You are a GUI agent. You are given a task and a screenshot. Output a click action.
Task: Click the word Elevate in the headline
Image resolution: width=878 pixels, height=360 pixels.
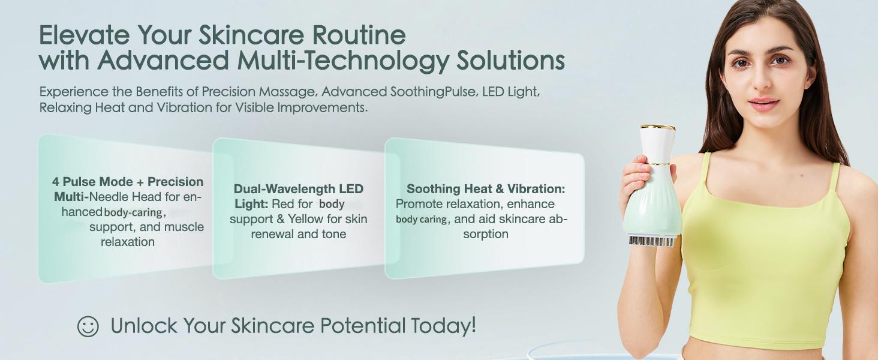coord(85,35)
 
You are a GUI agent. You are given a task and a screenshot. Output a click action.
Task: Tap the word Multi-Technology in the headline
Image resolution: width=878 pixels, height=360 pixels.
coord(343,60)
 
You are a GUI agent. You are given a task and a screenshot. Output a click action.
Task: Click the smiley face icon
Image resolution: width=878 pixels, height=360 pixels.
coord(88,326)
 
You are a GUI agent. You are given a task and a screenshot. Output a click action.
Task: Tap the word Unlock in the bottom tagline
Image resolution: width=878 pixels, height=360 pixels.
coord(144,326)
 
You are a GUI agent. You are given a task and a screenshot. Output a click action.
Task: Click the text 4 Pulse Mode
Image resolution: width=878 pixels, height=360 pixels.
coord(92,182)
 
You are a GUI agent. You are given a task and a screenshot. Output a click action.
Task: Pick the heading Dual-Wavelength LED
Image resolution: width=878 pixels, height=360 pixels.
coord(299,189)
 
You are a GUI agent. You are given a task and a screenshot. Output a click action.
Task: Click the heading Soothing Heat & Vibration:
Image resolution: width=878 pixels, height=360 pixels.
coord(486,189)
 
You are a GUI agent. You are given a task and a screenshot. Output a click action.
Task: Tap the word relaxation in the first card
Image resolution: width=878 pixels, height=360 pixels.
coord(128,242)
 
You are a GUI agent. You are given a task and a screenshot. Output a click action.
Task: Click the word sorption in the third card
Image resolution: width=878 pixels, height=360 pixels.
coord(486,234)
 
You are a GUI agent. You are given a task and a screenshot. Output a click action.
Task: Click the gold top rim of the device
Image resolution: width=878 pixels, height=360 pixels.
coord(658,127)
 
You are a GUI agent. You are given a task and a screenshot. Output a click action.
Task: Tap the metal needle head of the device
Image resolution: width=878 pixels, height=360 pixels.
coord(651,241)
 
